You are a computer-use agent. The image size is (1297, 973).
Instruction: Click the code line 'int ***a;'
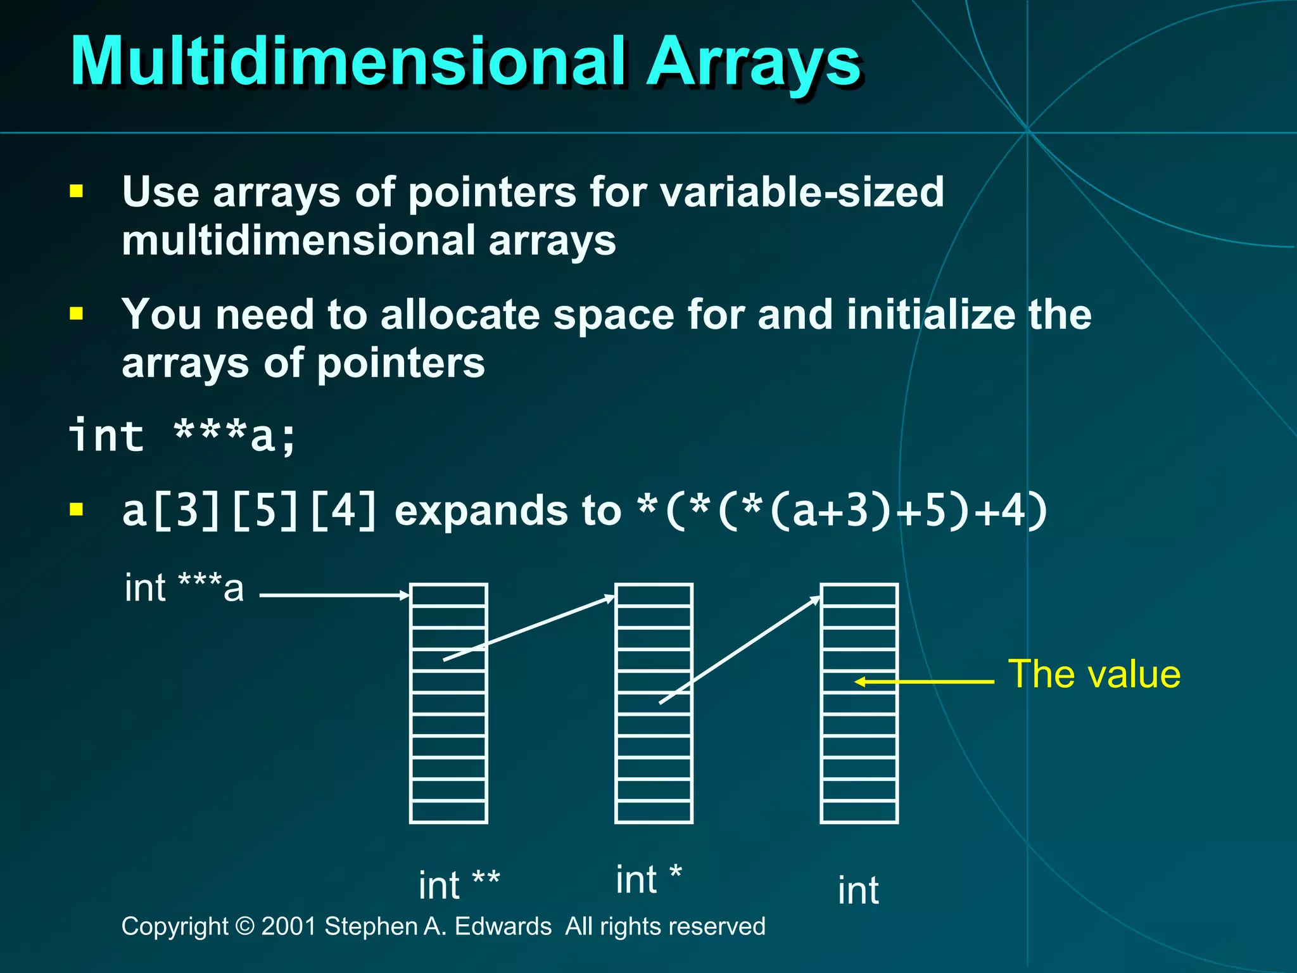coord(182,435)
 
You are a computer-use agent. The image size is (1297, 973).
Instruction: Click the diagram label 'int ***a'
coord(184,588)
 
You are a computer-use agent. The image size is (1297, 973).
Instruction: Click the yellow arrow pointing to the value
coord(925,682)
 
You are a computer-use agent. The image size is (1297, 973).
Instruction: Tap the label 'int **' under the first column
coord(459,885)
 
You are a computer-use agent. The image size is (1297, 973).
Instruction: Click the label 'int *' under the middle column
coord(648,879)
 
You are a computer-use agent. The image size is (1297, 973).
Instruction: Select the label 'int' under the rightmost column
coord(858,890)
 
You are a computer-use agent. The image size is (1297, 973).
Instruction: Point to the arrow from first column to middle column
coord(529,628)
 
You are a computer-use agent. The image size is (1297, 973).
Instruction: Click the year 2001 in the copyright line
coord(289,926)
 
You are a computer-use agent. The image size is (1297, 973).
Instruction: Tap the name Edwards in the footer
coord(503,926)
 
